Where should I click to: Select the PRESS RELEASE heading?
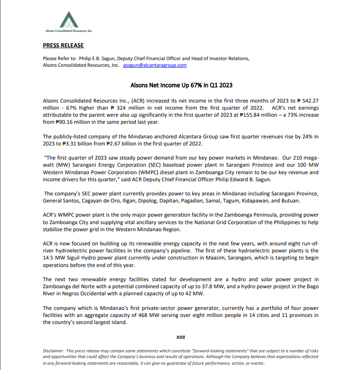tap(63, 46)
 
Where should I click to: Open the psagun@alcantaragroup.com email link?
tap(155, 65)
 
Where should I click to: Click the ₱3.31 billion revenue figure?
tap(73, 143)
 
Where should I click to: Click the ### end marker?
tap(180, 338)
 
